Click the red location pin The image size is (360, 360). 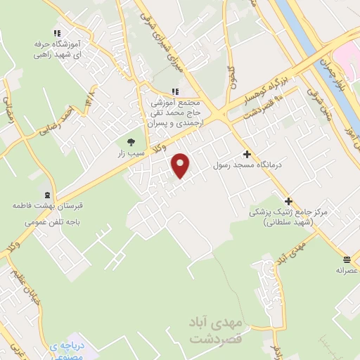(x=181, y=165)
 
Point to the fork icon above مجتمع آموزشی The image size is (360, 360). (x=175, y=91)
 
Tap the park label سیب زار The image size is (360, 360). (x=131, y=153)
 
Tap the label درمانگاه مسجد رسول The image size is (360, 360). (x=247, y=165)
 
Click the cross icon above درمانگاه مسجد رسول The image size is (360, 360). (x=247, y=154)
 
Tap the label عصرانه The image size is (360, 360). (x=347, y=269)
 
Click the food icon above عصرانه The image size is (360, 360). (x=347, y=258)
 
